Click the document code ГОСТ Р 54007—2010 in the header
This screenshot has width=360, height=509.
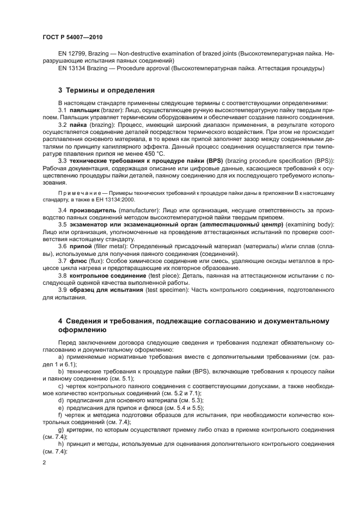tap(72, 37)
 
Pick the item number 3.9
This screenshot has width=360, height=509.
tap(63, 290)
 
